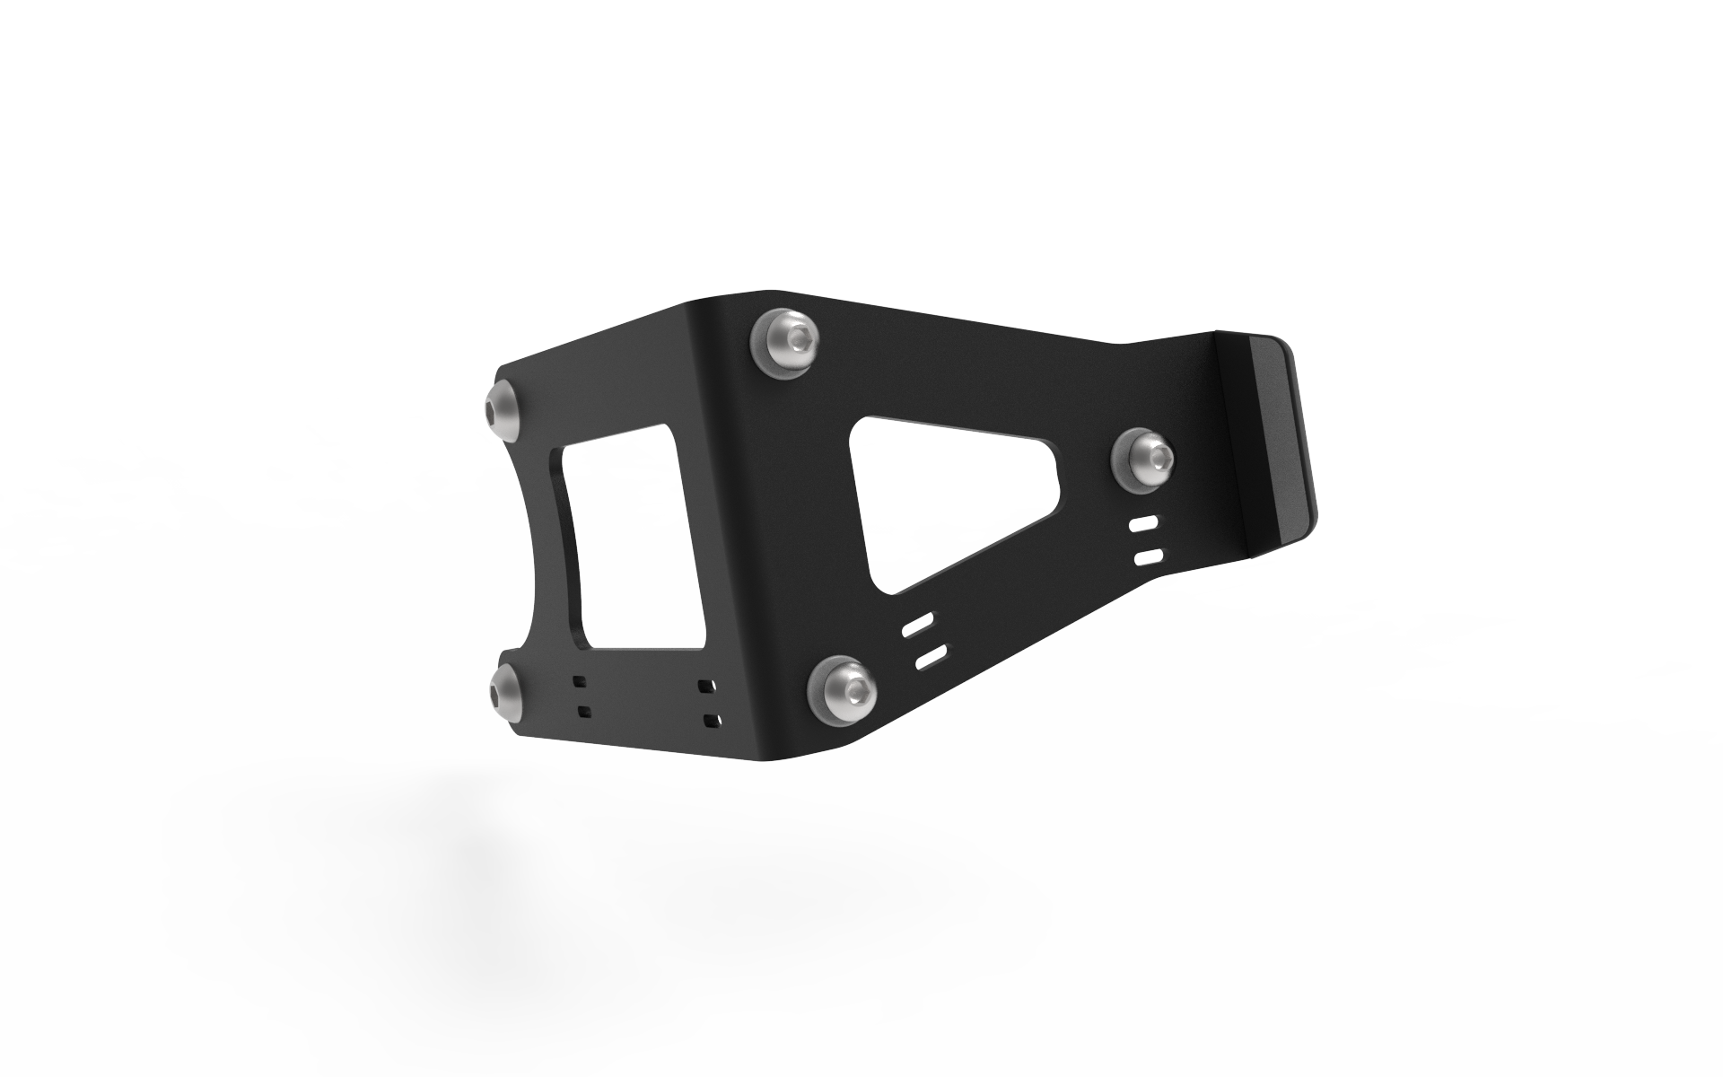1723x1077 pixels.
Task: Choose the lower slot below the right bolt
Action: pos(1148,557)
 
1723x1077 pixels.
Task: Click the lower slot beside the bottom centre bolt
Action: pos(931,657)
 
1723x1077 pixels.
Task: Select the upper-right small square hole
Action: pos(707,687)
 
